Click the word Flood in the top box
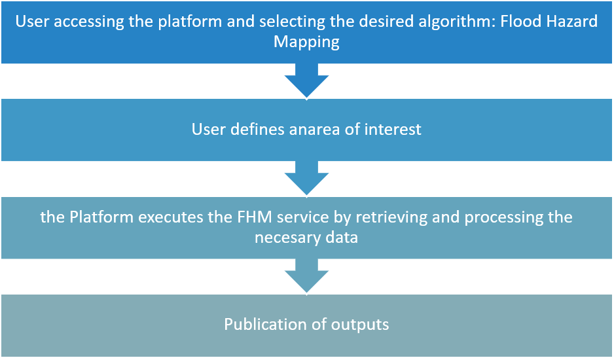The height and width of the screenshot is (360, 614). (520, 21)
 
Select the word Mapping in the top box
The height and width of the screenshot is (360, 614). (306, 42)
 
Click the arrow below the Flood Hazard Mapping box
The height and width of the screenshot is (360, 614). (306, 81)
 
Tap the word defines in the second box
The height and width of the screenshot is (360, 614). (257, 129)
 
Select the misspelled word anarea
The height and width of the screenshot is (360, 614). (314, 130)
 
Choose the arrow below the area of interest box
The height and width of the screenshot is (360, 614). (306, 178)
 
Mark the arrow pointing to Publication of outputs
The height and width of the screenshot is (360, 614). (306, 276)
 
